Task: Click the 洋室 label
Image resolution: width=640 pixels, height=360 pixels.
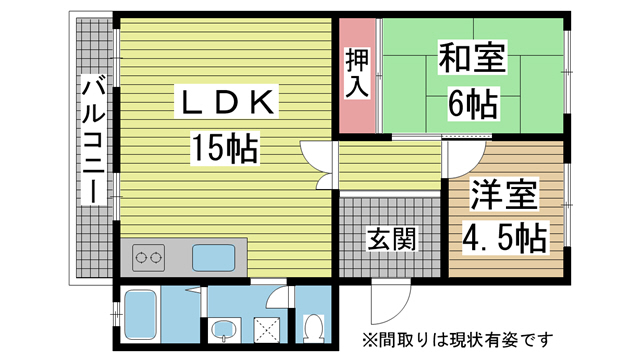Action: tap(505, 194)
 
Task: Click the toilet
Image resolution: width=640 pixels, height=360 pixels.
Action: tap(313, 327)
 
